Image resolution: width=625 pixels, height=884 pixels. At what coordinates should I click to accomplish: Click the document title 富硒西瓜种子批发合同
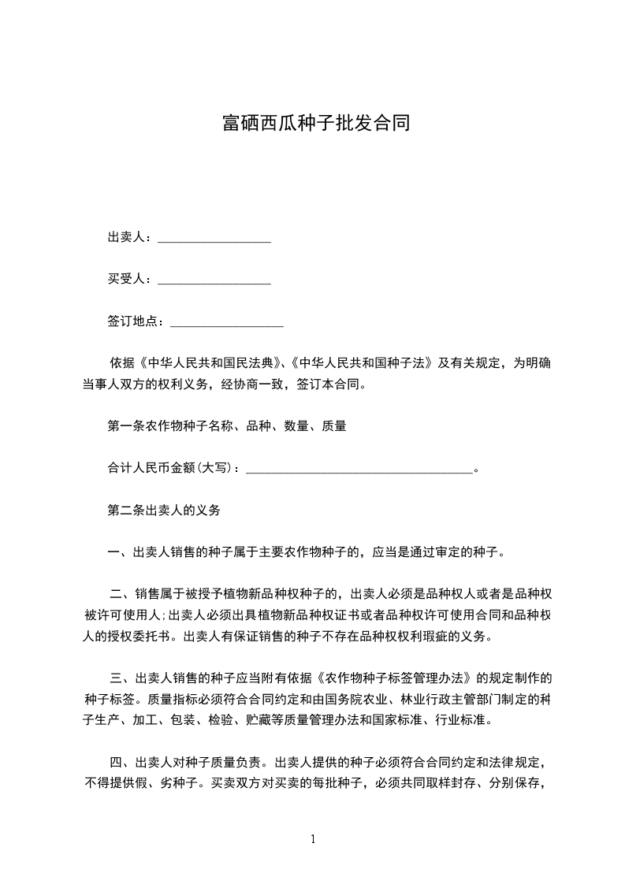315,124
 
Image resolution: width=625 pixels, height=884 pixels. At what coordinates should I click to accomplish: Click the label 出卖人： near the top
132,237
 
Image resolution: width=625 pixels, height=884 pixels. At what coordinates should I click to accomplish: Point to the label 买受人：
132,279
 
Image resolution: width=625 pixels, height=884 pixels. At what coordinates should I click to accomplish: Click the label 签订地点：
138,321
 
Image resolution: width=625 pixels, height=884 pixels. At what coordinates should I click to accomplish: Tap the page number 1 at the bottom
313,839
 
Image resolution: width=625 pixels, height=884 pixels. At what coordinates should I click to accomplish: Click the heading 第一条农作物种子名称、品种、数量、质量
227,426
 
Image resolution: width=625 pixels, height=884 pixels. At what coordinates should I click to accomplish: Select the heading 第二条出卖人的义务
163,510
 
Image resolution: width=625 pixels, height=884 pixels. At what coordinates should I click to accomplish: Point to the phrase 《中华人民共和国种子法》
362,363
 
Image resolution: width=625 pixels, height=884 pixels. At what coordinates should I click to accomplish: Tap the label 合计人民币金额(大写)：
176,468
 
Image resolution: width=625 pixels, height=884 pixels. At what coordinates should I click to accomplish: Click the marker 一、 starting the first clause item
120,552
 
